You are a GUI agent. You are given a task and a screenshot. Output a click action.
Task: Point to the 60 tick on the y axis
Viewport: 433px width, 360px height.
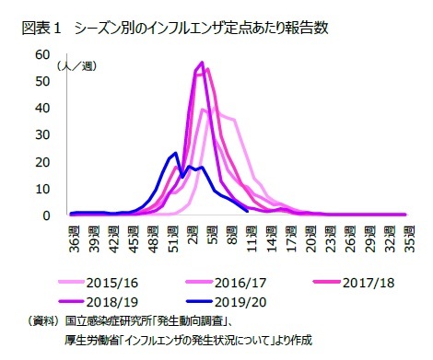coord(41,54)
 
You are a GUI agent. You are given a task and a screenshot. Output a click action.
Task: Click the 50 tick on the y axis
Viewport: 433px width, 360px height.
coord(41,81)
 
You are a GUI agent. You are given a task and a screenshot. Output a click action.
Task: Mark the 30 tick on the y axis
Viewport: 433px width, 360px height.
coord(41,134)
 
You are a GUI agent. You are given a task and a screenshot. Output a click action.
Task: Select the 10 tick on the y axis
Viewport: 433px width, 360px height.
coord(41,189)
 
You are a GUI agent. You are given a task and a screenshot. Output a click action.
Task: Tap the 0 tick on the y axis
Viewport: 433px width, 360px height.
coord(45,215)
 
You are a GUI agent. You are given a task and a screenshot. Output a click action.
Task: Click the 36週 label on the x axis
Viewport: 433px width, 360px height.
coord(75,237)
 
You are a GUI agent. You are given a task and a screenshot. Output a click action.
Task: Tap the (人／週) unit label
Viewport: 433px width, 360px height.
coord(76,66)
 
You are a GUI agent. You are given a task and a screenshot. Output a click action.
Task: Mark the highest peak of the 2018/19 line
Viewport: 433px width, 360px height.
coord(202,63)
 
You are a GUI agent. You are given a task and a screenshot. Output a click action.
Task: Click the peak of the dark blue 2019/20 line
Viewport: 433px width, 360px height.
coord(176,153)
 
